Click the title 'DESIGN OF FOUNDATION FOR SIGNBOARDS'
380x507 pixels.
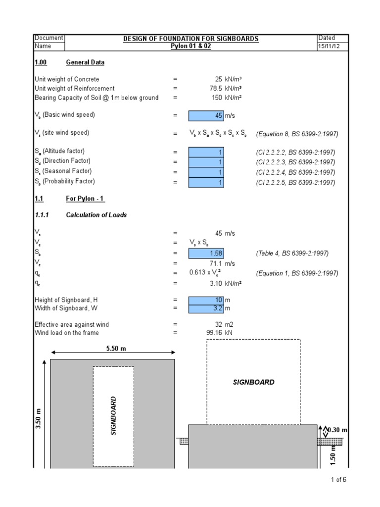[x=190, y=39]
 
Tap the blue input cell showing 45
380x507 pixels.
[x=206, y=115]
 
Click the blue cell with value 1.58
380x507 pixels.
[x=206, y=253]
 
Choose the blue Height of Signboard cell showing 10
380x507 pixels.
[x=206, y=300]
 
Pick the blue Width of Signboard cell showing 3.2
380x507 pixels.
[x=206, y=308]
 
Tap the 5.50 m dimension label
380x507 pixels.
[x=116, y=349]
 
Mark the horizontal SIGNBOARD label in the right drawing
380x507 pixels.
[x=253, y=382]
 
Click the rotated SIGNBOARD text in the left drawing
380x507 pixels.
[x=113, y=415]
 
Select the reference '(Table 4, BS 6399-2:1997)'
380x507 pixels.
[x=292, y=253]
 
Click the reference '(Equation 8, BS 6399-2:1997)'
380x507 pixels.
[x=297, y=134]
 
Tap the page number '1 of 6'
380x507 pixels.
[x=339, y=479]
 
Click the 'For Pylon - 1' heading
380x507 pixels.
[x=85, y=199]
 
